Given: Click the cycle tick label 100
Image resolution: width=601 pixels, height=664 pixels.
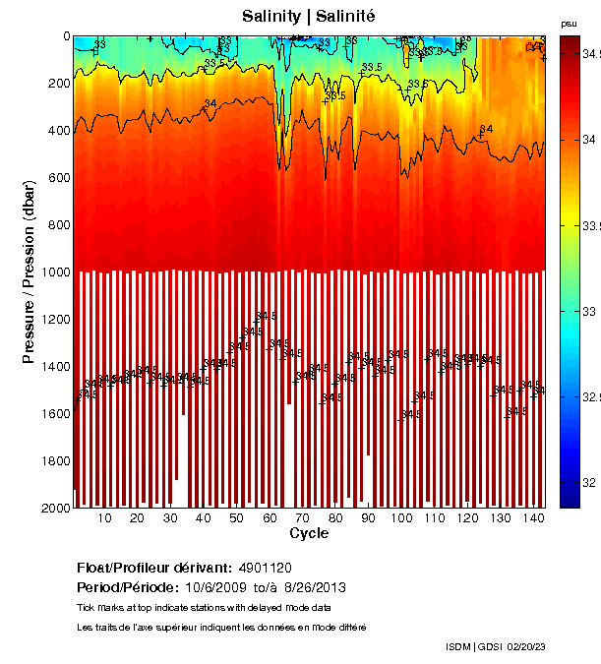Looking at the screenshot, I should point(401,518).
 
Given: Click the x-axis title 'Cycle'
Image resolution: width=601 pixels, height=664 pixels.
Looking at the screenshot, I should point(309,533).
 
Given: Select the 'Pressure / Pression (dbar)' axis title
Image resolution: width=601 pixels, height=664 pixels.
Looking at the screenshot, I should point(29,272).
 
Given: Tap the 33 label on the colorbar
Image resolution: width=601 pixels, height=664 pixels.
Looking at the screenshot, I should point(586,311).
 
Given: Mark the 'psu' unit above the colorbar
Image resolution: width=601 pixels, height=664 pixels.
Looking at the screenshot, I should point(569,23).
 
